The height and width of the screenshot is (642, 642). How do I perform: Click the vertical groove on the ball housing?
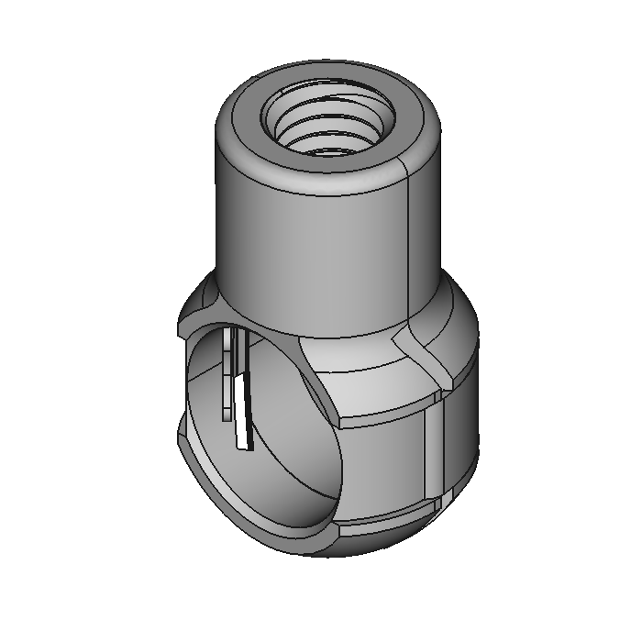[431, 449]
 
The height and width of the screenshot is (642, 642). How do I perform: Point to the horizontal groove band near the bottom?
[385, 525]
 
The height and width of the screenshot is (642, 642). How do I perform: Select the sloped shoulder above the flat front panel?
[367, 376]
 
